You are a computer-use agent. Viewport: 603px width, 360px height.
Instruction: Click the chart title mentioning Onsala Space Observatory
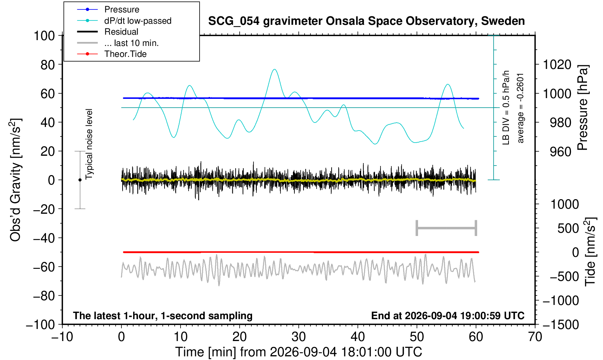tap(366, 21)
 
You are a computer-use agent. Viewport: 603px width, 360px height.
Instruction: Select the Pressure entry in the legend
tap(108, 9)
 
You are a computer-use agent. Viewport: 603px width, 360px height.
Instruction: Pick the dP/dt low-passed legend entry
tap(124, 21)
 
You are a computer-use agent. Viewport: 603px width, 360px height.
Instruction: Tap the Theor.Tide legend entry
tap(112, 54)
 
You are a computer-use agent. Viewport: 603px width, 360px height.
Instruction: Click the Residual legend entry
tap(108, 32)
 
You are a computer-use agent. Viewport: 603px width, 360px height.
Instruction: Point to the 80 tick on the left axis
tap(48, 65)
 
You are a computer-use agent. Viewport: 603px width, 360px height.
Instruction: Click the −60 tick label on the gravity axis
tap(44, 267)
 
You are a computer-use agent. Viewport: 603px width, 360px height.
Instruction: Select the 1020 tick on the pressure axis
tap(557, 65)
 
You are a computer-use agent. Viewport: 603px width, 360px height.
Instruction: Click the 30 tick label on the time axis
tap(298, 337)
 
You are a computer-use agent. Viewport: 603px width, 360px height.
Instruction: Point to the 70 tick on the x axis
tap(535, 337)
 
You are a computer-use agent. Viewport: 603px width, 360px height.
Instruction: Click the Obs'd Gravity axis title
tap(15, 180)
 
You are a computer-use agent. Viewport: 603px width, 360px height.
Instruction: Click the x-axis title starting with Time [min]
tap(298, 352)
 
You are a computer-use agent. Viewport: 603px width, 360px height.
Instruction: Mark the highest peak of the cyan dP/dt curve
tap(274, 69)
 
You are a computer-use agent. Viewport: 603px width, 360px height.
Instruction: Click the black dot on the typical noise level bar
tap(80, 180)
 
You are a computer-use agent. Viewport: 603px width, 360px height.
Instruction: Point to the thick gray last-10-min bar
tap(447, 228)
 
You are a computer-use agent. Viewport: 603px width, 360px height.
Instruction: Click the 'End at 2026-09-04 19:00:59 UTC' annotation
tap(448, 316)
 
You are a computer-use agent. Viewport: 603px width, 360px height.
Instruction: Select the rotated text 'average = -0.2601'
tap(521, 108)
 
